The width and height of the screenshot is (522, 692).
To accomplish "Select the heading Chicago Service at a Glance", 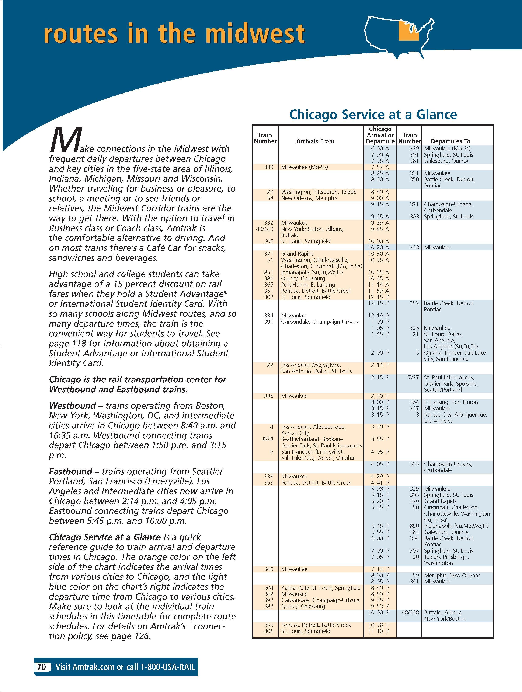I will (x=373, y=115).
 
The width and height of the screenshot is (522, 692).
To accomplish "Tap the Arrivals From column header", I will (x=315, y=141).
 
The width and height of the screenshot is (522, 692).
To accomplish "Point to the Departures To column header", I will (x=450, y=141).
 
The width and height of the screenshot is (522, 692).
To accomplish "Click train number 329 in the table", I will (x=414, y=149).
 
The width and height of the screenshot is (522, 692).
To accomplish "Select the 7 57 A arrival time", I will (x=380, y=167).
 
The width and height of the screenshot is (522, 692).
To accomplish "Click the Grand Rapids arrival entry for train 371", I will (x=297, y=254).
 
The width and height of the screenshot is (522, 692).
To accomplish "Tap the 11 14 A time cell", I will (x=380, y=285).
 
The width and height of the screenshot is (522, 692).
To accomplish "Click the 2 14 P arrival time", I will (x=380, y=365).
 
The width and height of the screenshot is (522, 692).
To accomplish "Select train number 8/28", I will (x=268, y=439).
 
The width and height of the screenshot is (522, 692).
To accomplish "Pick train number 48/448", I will (x=410, y=612).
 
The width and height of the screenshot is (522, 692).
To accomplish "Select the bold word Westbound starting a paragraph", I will (x=72, y=406).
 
